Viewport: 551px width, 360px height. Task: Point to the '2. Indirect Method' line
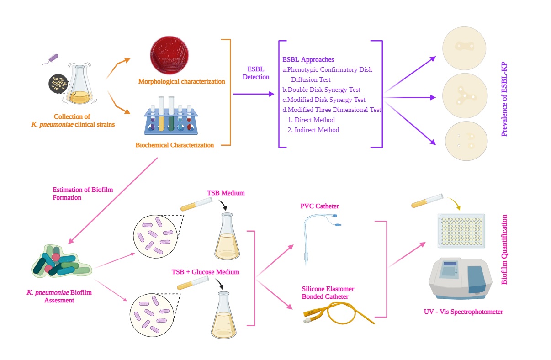(313, 130)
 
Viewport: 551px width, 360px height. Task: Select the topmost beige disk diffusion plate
(464, 47)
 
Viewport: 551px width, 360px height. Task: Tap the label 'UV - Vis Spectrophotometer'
(463, 312)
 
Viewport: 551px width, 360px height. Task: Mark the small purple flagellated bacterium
(55, 58)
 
